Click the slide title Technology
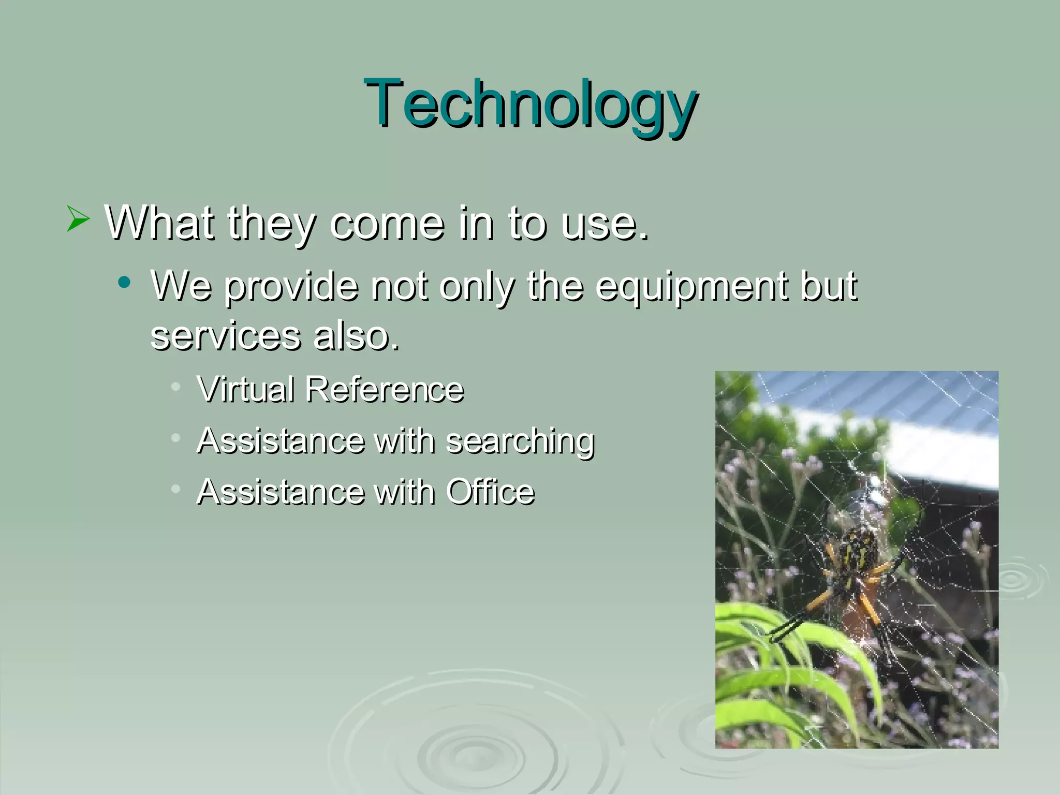coord(531,104)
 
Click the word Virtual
coord(246,389)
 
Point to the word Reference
coord(384,389)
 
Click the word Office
coord(490,492)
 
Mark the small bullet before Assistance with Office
coord(176,489)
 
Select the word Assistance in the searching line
coord(281,441)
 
